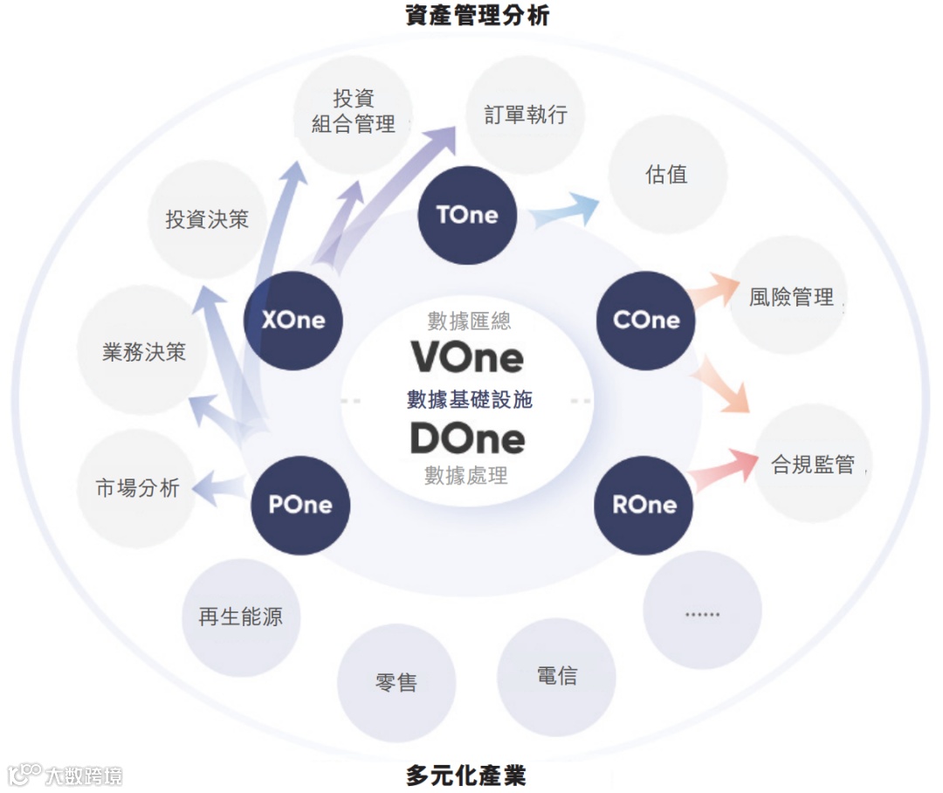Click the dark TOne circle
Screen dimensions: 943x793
pyautogui.click(x=467, y=216)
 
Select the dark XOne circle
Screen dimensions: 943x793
pyautogui.click(x=293, y=321)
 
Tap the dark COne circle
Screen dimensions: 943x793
pyautogui.click(x=646, y=321)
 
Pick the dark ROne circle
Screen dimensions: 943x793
pyautogui.click(x=644, y=505)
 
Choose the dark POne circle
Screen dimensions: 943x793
pyautogui.click(x=300, y=505)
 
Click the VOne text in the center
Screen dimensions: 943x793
pyautogui.click(x=468, y=358)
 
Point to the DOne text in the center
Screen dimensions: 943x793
pyautogui.click(x=468, y=438)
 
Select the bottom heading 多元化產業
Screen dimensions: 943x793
pyautogui.click(x=466, y=775)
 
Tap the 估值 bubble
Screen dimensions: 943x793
pyautogui.click(x=666, y=175)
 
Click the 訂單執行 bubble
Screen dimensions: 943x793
pyautogui.click(x=526, y=114)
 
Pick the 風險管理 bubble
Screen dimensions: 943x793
pyautogui.click(x=789, y=297)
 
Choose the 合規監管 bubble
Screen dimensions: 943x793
pyautogui.click(x=812, y=464)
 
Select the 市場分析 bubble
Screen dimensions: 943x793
pyautogui.click(x=137, y=487)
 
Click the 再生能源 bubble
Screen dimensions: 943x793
pyautogui.click(x=241, y=617)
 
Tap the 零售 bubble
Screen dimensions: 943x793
pyautogui.click(x=396, y=682)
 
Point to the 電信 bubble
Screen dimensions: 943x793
pyautogui.click(x=556, y=676)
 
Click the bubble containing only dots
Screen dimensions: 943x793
pyautogui.click(x=702, y=611)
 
